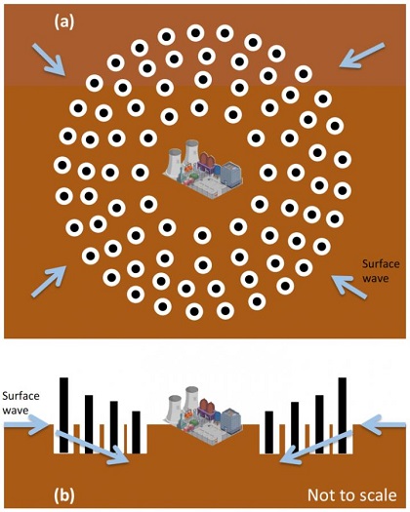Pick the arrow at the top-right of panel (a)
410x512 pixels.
tap(361, 54)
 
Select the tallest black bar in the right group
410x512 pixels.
tap(343, 414)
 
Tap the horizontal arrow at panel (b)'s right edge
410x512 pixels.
tap(384, 423)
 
